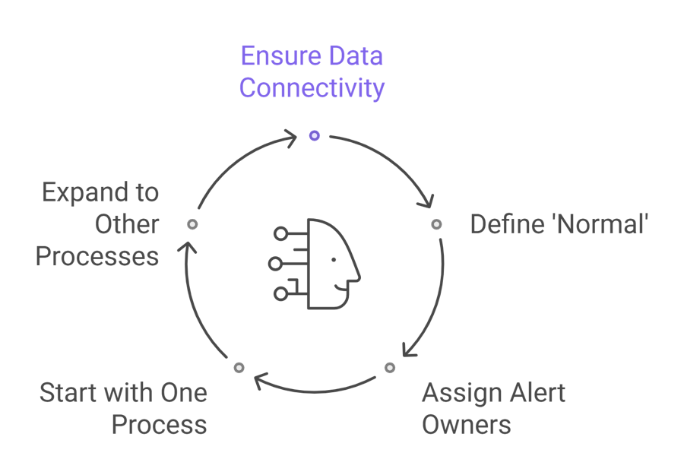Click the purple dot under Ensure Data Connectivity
point(314,136)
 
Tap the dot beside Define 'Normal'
point(435,224)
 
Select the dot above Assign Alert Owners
point(390,368)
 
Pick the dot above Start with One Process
point(239,368)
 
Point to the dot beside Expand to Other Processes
point(192,224)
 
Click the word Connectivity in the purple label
point(312,88)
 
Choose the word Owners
point(466,424)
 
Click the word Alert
point(536,393)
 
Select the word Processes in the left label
point(97,256)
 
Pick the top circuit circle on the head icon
point(281,234)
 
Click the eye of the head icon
point(334,259)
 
